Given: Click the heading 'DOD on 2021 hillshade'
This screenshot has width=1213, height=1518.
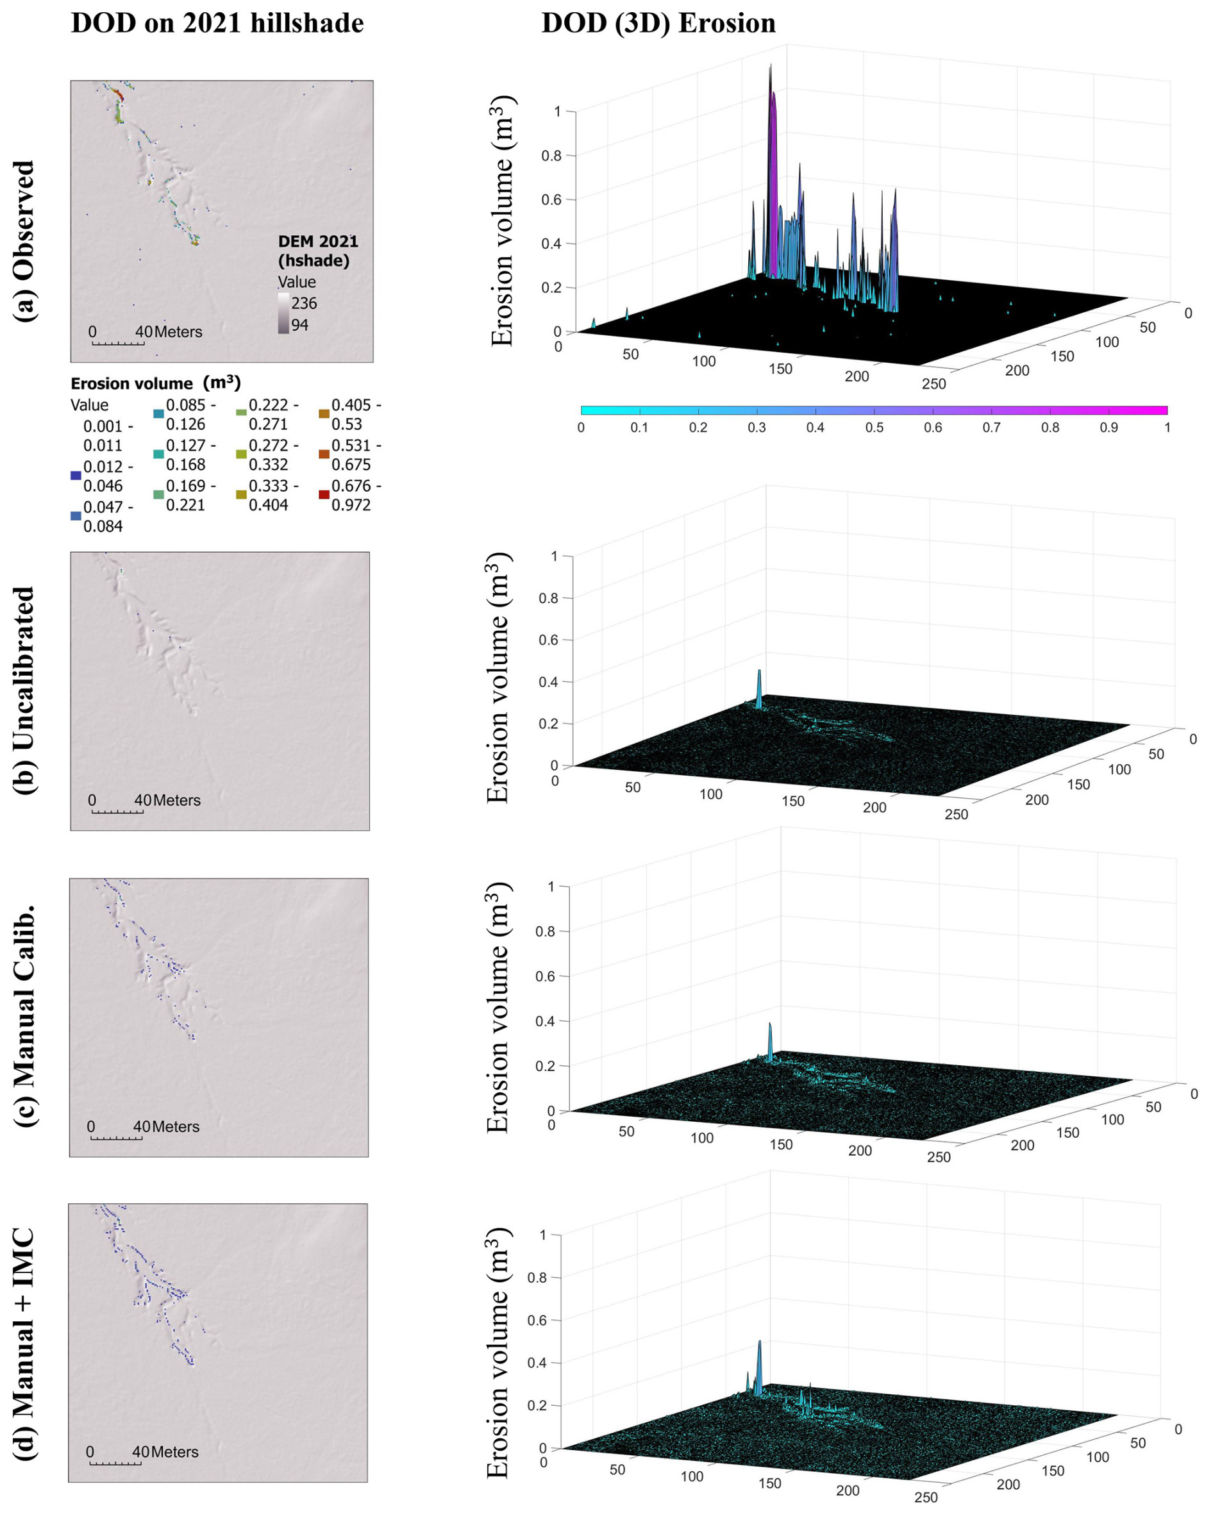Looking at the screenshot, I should (217, 23).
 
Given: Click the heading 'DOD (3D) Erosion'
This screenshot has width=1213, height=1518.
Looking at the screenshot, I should (658, 23).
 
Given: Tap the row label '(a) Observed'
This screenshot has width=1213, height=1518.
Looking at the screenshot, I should (24, 241).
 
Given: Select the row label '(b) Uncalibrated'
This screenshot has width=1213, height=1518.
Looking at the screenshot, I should (24, 690).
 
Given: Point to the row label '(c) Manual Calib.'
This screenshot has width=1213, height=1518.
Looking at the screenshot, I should (24, 1017).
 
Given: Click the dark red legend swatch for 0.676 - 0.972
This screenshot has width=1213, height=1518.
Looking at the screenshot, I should (324, 494).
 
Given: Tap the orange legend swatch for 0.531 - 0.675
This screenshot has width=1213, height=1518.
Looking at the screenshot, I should (324, 454).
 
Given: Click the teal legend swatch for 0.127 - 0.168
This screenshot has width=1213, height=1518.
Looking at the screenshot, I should (158, 454).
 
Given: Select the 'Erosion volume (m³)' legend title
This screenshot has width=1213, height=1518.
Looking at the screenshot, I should (156, 383).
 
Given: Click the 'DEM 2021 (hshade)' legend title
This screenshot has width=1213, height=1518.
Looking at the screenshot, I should (317, 251).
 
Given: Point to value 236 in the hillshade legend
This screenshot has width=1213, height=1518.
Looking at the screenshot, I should (304, 303).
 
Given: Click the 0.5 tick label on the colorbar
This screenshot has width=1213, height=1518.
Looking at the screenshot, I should (874, 428).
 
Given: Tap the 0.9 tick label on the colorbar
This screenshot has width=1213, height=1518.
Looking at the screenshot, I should (1108, 428).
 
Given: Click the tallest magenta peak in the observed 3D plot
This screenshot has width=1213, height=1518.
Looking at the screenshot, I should (772, 106).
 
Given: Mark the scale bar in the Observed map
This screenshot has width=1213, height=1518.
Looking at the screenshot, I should (117, 344).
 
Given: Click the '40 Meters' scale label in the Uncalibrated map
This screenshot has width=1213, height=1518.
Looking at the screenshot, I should (167, 800).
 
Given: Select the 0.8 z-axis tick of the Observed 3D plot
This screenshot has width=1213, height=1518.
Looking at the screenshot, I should (551, 156).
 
